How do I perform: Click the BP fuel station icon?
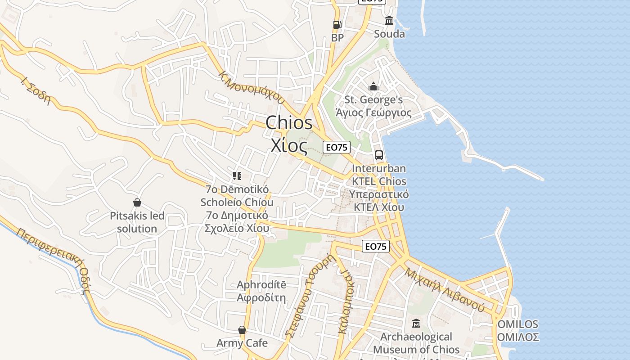point(337,25)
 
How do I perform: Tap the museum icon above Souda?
point(389,21)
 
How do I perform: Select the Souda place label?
point(389,34)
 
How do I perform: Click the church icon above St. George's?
point(373,86)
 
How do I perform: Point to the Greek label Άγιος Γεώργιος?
point(373,112)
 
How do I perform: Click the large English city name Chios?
point(289,123)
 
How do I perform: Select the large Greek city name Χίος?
point(289,145)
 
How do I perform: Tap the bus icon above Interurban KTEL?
point(379,155)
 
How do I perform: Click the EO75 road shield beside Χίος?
point(337,147)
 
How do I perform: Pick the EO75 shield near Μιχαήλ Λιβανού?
point(375,246)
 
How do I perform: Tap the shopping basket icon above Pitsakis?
point(137,203)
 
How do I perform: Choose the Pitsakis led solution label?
point(137,222)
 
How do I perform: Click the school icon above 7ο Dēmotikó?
point(237,176)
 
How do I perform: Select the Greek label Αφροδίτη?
point(261,297)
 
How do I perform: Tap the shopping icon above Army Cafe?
point(242,330)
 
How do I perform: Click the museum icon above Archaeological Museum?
point(416,324)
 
